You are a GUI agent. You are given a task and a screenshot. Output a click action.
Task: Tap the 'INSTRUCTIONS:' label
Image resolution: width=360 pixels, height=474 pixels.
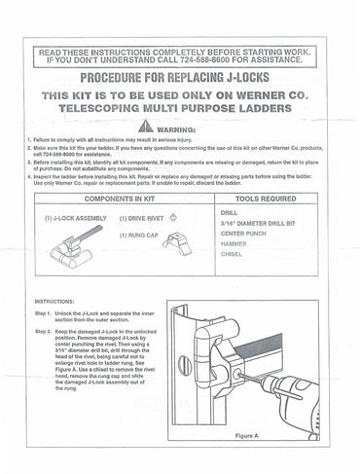pos(57,302)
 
